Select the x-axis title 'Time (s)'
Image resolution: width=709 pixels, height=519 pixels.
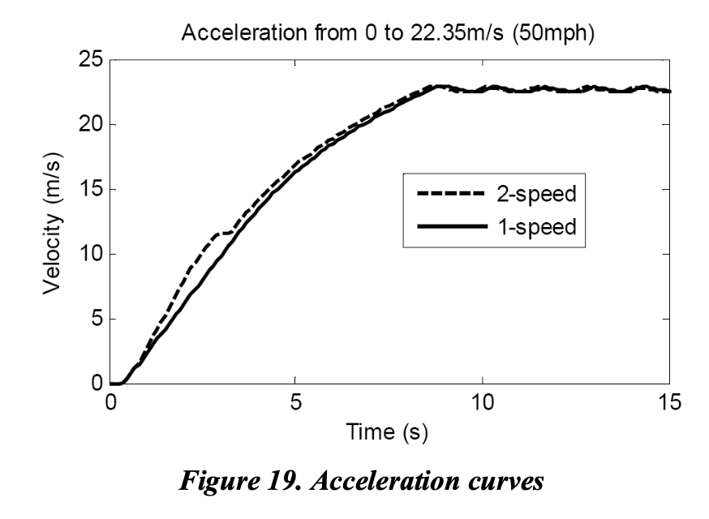391,431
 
